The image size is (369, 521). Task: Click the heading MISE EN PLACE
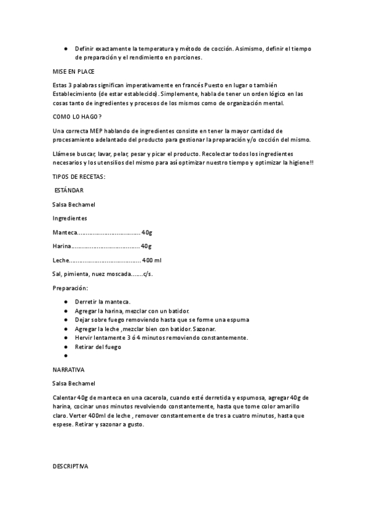point(73,71)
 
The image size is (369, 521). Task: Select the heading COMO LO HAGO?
point(78,117)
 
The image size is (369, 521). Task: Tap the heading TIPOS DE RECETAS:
point(79,176)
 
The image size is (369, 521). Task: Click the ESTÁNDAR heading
point(69,190)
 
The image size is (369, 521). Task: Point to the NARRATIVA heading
point(69,370)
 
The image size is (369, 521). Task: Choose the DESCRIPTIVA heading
point(71,467)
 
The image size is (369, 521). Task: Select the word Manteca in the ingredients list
point(65,232)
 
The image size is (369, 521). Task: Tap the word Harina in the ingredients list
point(62,246)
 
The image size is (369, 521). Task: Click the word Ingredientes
point(69,218)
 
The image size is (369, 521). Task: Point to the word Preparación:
point(71,288)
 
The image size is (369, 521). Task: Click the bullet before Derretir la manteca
point(65,302)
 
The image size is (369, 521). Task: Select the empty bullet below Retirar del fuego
point(65,356)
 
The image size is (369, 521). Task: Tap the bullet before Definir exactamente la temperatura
point(65,48)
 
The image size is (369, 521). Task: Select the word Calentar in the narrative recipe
point(65,398)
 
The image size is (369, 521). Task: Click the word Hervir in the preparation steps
point(83,337)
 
